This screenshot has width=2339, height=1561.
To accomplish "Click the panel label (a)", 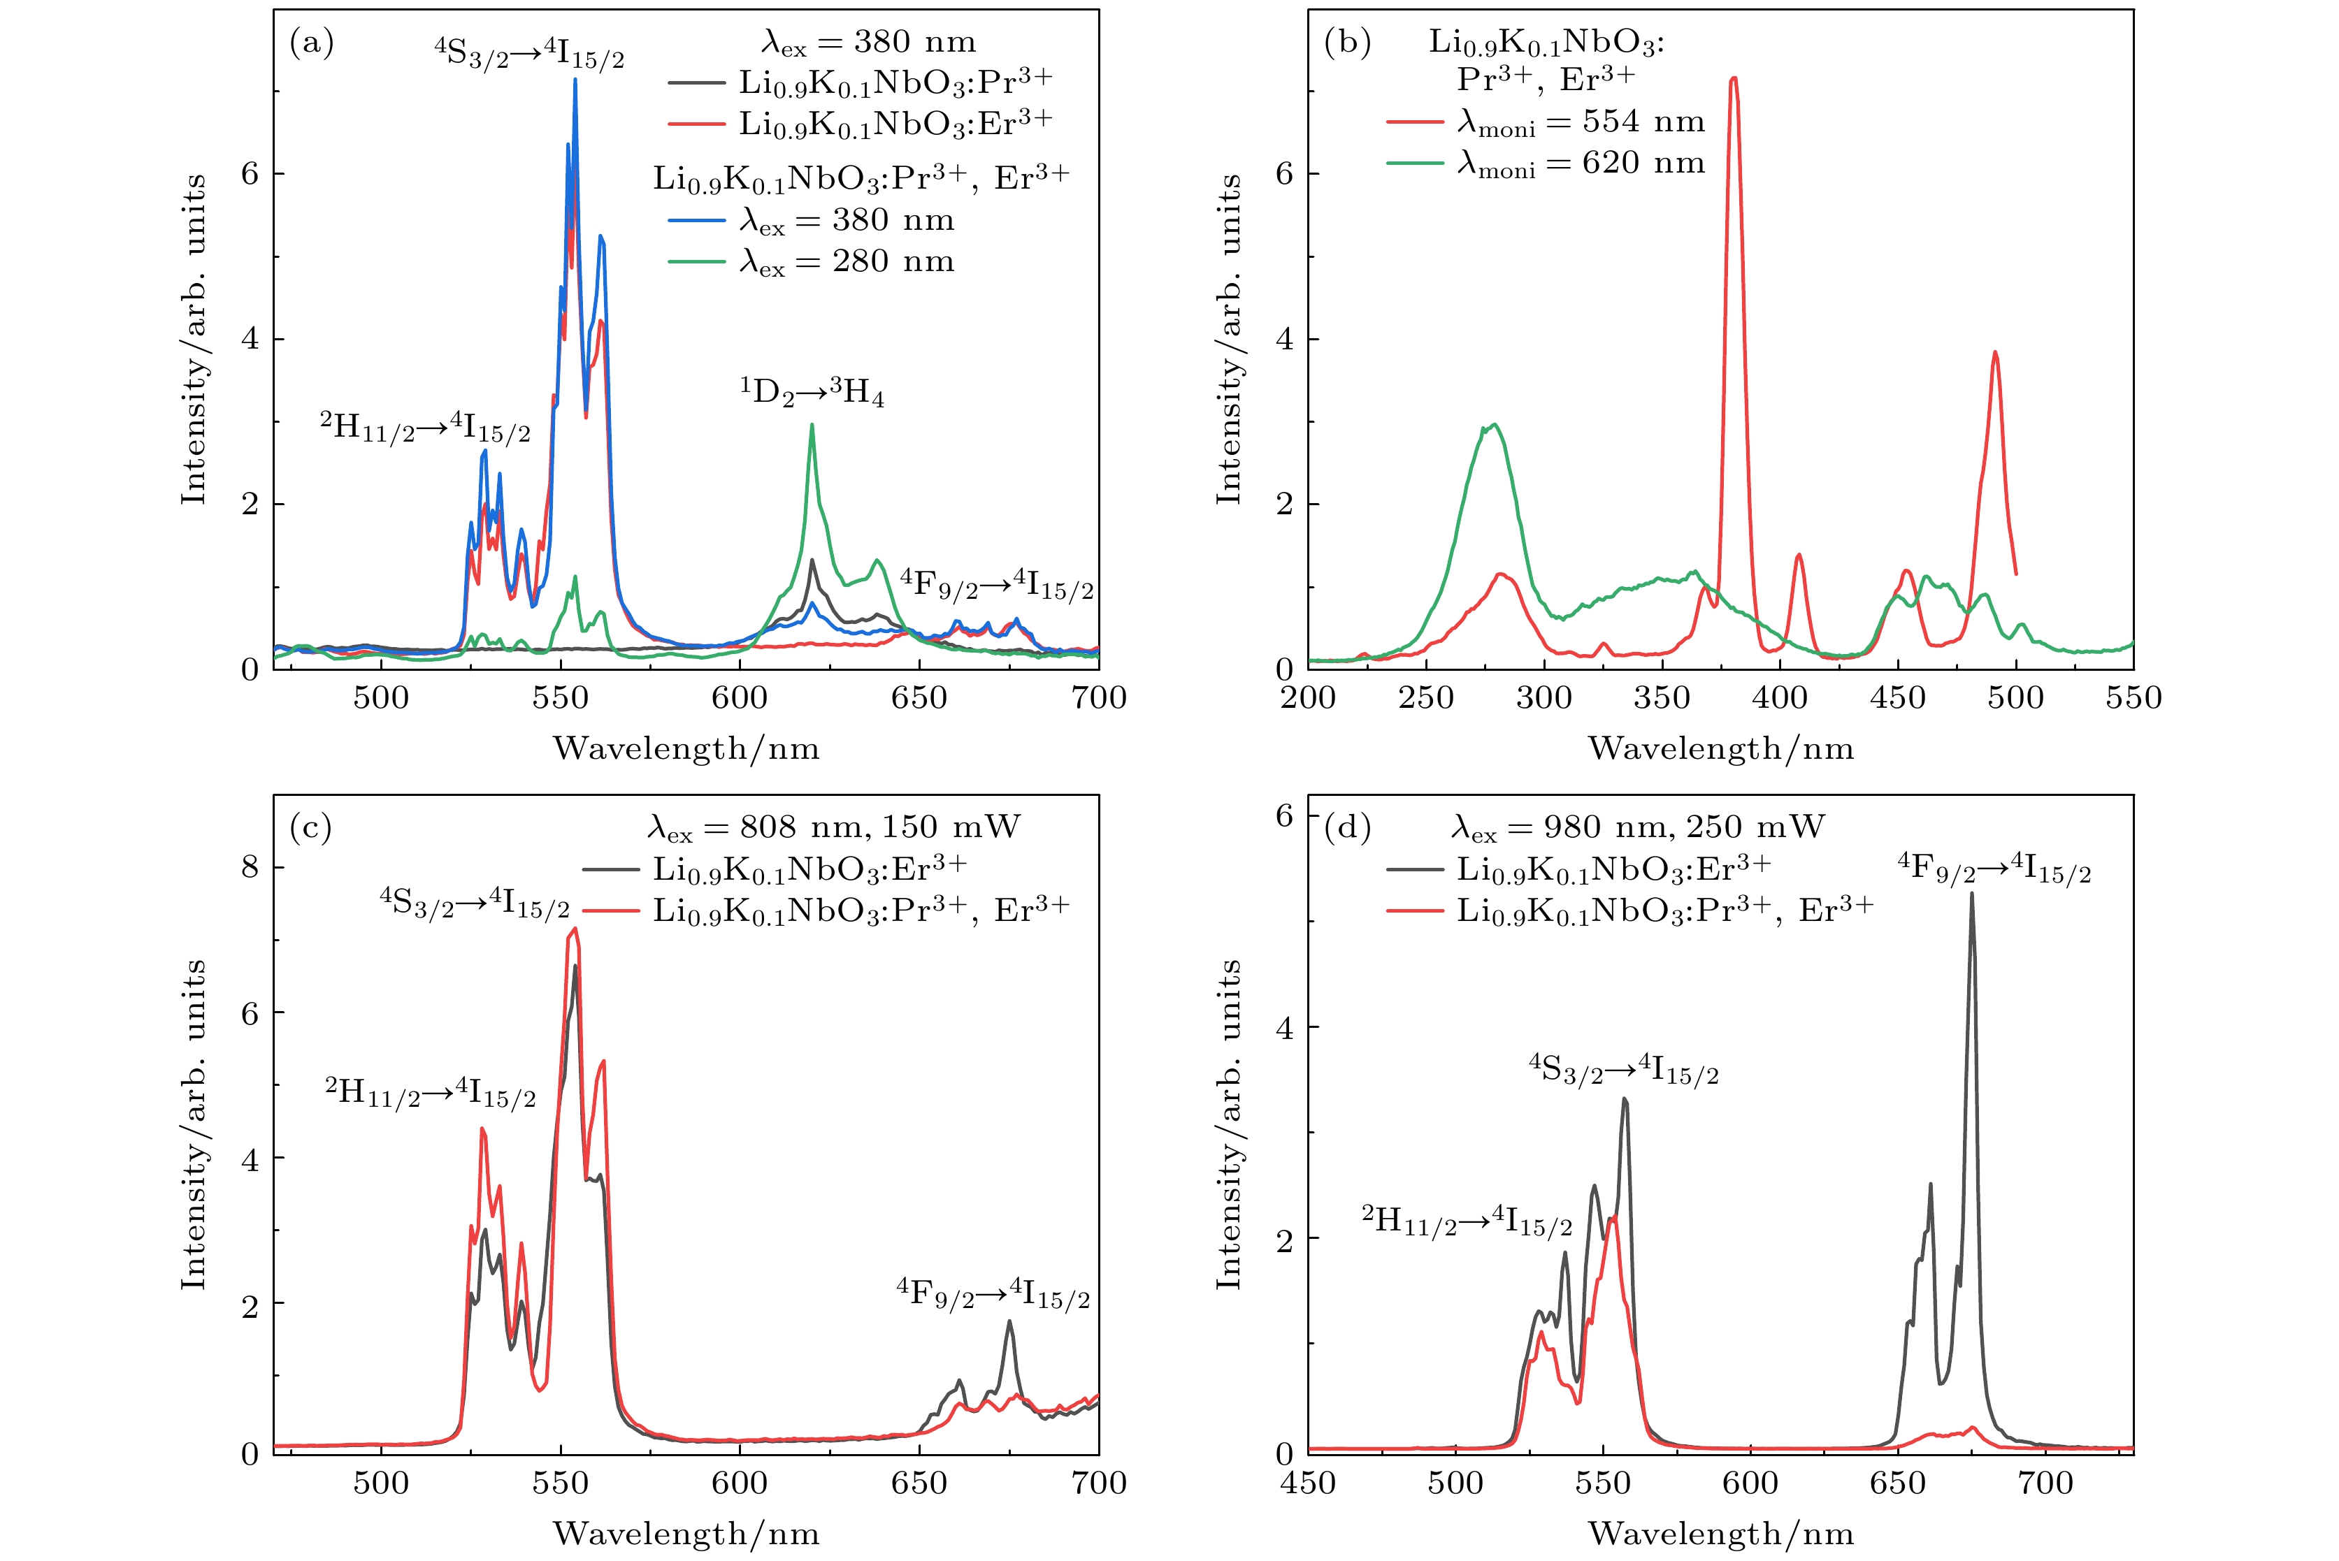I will [x=310, y=43].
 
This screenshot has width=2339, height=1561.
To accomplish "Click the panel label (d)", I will [x=1346, y=827].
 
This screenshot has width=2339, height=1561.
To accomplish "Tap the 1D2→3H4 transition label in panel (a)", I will [x=812, y=392].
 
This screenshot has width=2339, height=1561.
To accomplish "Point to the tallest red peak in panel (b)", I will [x=1734, y=79].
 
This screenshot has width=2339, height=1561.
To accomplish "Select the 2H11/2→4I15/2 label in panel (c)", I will [x=430, y=1093].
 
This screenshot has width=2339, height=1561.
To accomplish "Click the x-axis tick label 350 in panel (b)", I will [x=1662, y=698].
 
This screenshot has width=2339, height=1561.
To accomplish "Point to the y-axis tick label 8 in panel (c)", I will [x=250, y=867].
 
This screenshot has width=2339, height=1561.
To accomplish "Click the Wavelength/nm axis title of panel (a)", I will [x=686, y=748].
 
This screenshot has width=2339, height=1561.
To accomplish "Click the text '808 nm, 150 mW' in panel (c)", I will [x=879, y=827].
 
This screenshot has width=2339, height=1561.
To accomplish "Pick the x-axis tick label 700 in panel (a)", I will [x=1098, y=698].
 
